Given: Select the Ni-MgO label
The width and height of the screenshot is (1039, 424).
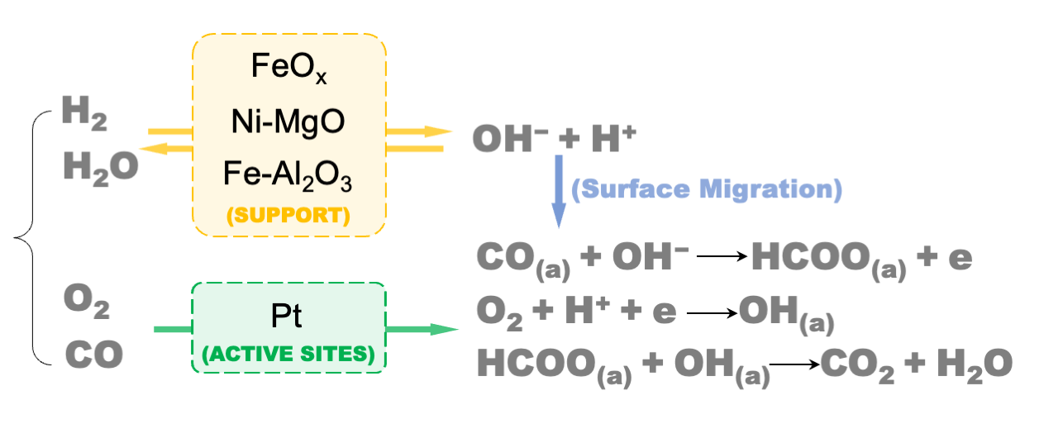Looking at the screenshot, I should (288, 121).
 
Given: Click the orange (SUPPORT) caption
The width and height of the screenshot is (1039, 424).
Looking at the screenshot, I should (288, 216).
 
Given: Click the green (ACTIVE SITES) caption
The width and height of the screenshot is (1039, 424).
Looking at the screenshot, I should (288, 356).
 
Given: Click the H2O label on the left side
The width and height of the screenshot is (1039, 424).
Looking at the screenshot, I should (100, 168).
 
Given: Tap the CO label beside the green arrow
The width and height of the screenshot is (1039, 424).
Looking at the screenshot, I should (94, 355).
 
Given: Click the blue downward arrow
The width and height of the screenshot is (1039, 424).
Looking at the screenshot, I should (560, 191).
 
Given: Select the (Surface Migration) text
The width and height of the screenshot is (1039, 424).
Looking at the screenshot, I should (707, 190).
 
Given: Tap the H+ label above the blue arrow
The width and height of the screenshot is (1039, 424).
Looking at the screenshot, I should (612, 138).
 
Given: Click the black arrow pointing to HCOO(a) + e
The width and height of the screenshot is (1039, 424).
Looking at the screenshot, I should (721, 257).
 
